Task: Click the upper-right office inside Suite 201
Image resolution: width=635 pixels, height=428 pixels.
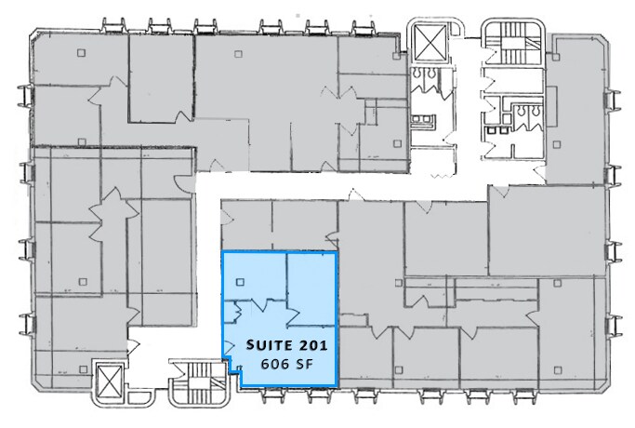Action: [x=310, y=281]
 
